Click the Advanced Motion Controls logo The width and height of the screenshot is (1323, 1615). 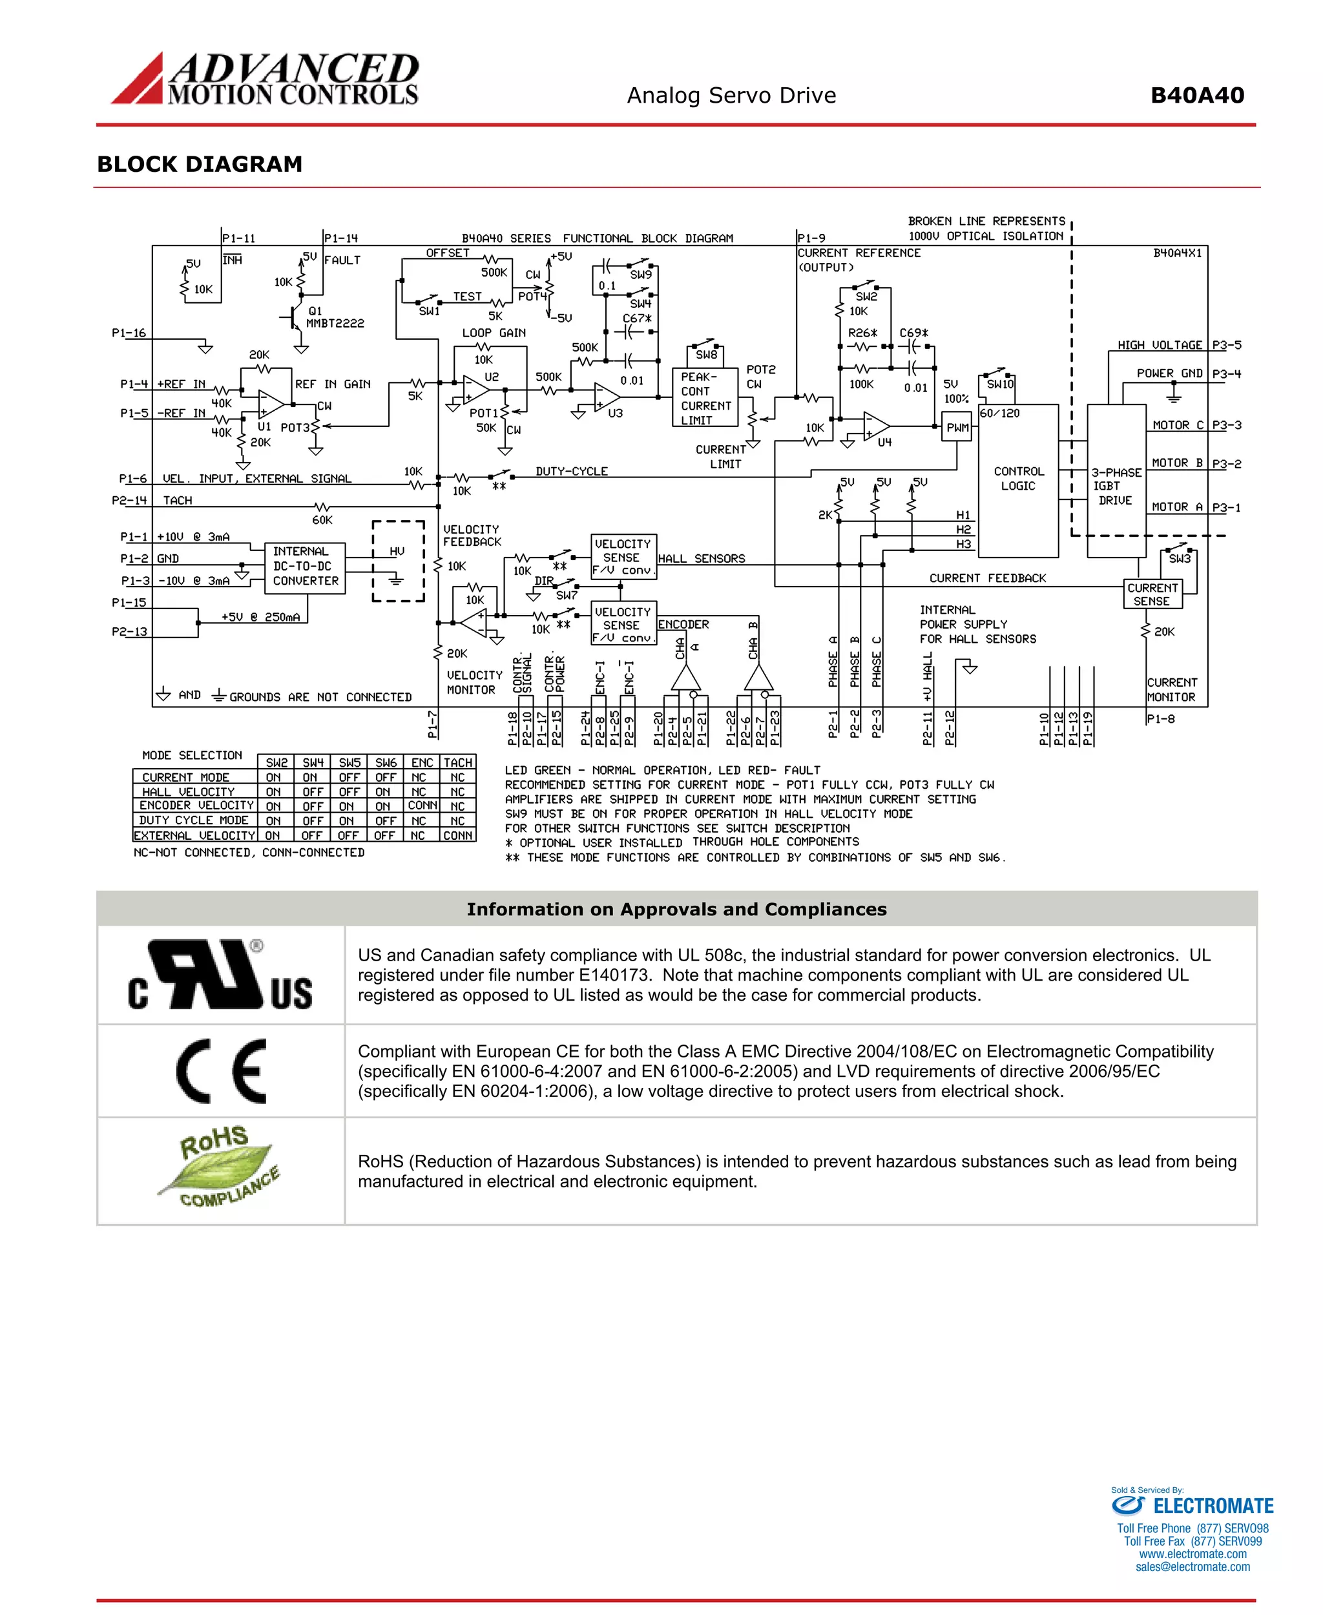[x=266, y=79]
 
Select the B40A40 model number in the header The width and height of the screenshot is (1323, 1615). [x=1196, y=96]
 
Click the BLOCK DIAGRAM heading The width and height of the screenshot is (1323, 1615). [x=200, y=165]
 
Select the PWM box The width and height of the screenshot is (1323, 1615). [x=957, y=428]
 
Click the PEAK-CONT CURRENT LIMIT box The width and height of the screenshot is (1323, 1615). [x=705, y=398]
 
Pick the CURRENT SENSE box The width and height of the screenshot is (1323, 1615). [x=1152, y=594]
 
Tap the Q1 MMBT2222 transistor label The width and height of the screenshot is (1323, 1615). [x=334, y=317]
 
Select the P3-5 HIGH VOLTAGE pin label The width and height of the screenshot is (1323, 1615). [x=1226, y=345]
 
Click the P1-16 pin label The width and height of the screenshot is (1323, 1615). [x=129, y=333]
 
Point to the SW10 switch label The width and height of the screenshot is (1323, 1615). [x=1000, y=384]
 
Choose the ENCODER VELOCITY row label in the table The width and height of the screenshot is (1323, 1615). [x=196, y=806]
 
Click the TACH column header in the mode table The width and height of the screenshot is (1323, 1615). [x=458, y=763]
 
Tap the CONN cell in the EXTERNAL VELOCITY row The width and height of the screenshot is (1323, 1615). [x=458, y=835]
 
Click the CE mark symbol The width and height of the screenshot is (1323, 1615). [x=221, y=1071]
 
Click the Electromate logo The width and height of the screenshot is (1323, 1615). [x=1193, y=1506]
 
